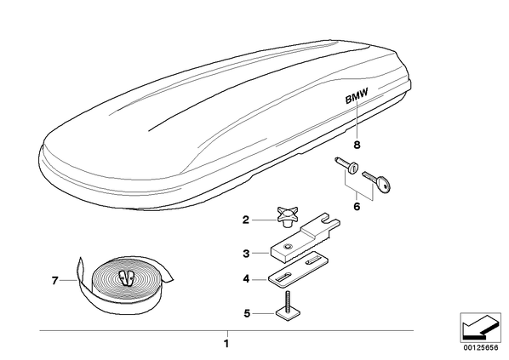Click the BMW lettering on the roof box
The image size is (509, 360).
coord(357,96)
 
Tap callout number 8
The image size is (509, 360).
coord(357,145)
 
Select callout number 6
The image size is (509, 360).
coord(357,207)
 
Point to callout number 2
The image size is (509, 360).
coord(246,220)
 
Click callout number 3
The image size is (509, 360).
coord(246,254)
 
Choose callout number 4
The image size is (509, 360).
coord(246,279)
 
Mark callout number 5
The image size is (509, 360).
coord(247,313)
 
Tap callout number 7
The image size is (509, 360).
coord(54,281)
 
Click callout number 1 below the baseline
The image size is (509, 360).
coord(226,344)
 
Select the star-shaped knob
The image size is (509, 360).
coord(288,216)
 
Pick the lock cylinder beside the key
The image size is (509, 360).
coord(346,166)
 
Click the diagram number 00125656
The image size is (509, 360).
coord(480,348)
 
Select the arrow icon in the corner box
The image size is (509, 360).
coord(480,327)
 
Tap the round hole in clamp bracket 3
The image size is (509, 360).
coord(288,247)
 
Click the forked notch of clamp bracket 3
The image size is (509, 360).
coord(328,220)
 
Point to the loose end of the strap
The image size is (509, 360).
coord(80,268)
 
